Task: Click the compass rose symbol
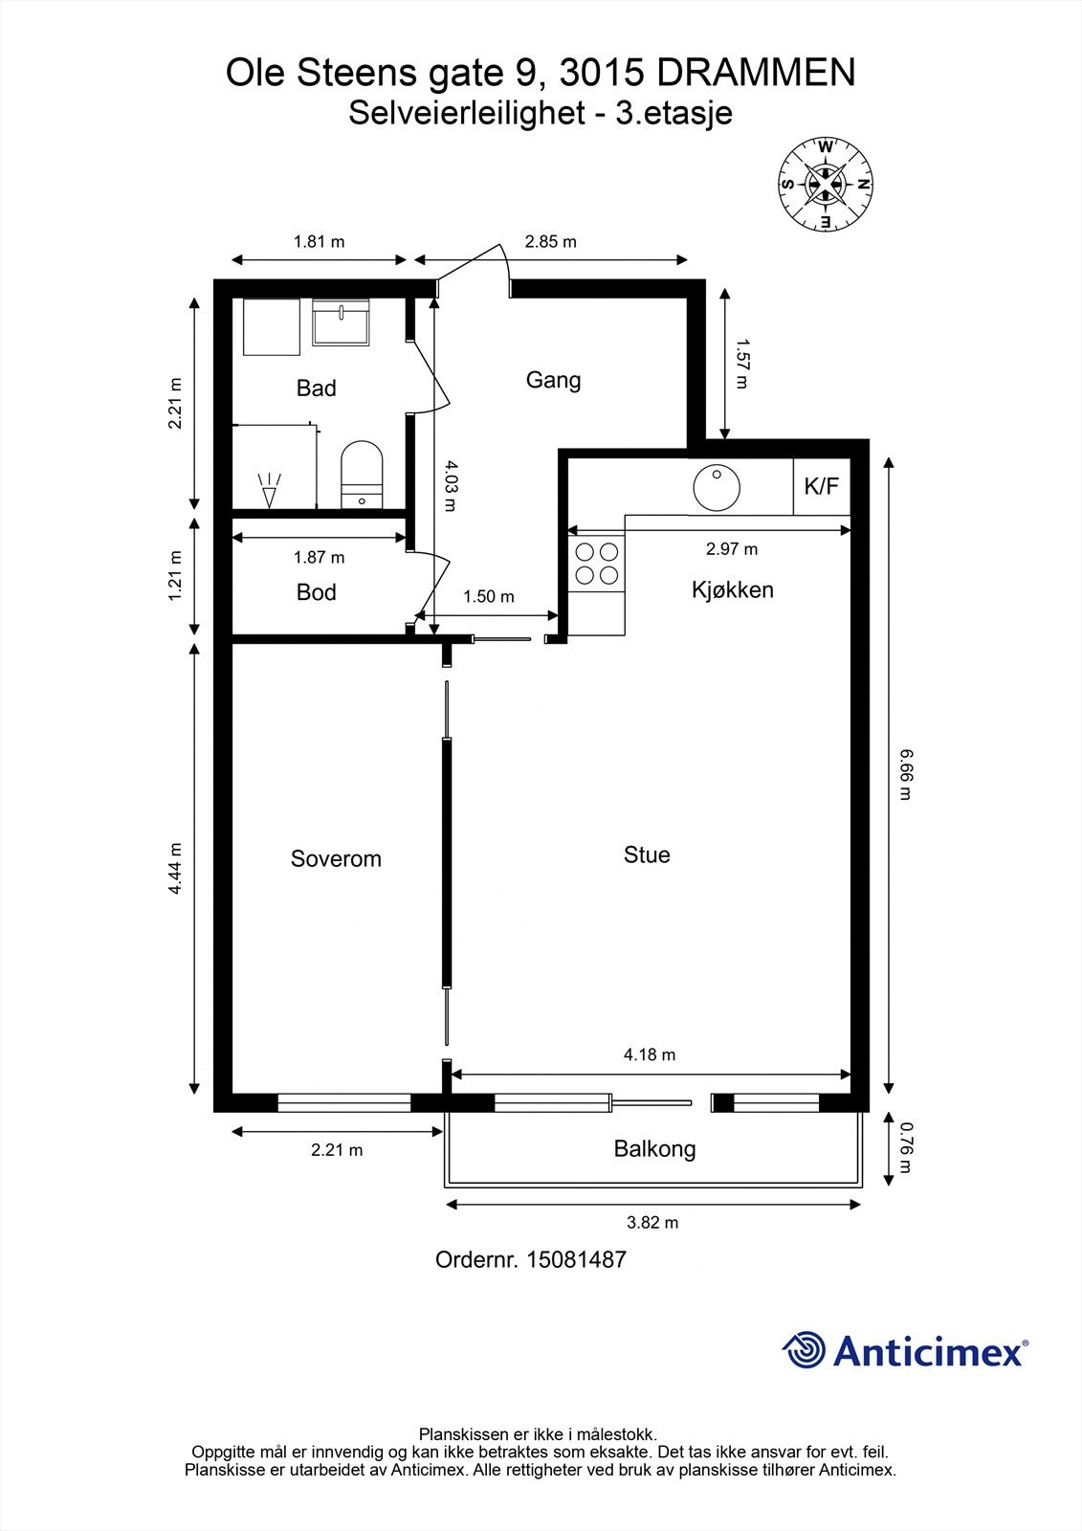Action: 826,184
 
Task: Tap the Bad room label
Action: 316,388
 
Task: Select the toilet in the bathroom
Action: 362,475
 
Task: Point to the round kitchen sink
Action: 717,488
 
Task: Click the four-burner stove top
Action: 597,564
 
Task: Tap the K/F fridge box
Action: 822,487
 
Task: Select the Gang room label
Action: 553,381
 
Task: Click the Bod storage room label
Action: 316,592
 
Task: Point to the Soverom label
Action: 336,858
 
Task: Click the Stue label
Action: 647,854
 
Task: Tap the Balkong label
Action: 654,1149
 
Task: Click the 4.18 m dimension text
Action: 650,1054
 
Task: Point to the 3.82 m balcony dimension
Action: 652,1223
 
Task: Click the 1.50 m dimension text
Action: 488,597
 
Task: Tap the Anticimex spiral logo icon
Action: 804,1349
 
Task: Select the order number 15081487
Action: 576,1259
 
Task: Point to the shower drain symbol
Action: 269,490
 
